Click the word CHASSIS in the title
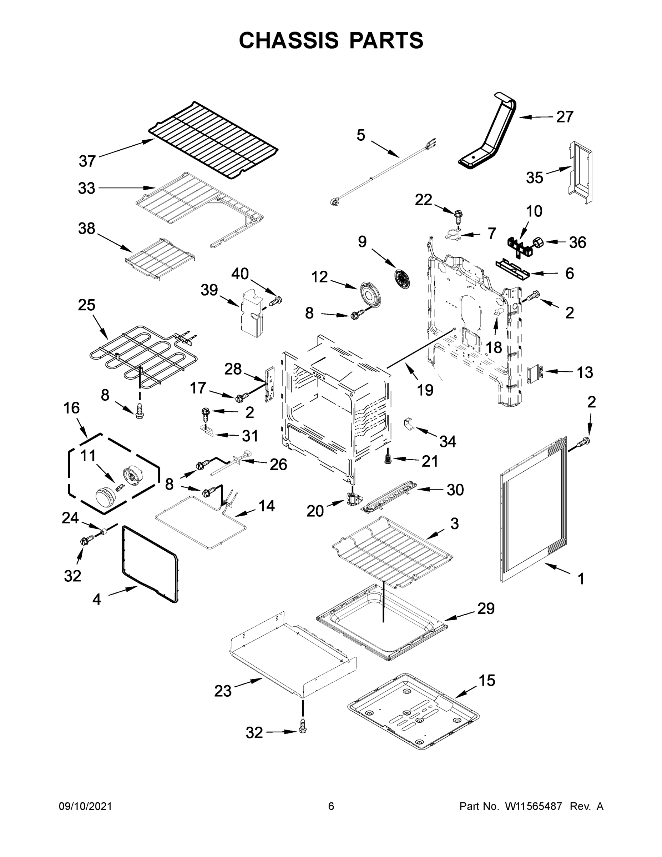click(289, 40)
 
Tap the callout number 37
click(87, 161)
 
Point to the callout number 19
click(425, 390)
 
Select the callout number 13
click(584, 372)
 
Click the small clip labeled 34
click(409, 424)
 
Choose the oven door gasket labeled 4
click(149, 563)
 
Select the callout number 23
click(223, 691)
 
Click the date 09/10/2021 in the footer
click(85, 806)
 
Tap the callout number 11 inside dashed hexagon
click(88, 456)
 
